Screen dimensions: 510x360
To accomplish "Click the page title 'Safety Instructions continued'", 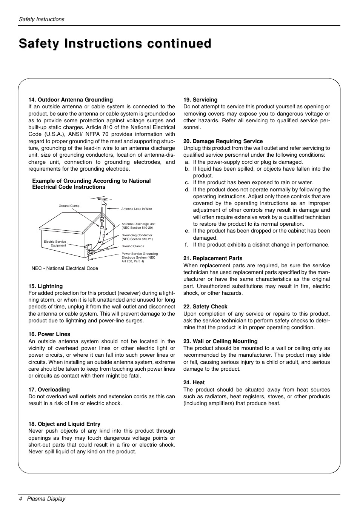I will pyautogui.click(x=115, y=44).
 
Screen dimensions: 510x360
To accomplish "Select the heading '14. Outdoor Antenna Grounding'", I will pyautogui.click(x=71, y=100).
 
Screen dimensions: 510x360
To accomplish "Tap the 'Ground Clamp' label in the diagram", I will pyautogui.click(x=69, y=206).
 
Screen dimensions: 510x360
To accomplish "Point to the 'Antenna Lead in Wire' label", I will pyautogui.click(x=137, y=209).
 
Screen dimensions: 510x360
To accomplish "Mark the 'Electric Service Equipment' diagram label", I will pyautogui.click(x=55, y=243).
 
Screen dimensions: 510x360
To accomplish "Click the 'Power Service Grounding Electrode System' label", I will pyautogui.click(x=140, y=257).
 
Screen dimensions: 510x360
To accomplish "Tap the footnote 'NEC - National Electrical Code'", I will pyautogui.click(x=65, y=268).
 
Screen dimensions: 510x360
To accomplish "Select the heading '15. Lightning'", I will pyautogui.click(x=46, y=286).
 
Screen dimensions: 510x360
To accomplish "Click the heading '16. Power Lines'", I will pyautogui.click(x=49, y=334).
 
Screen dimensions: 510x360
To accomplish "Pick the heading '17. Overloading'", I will pyautogui.click(x=49, y=390).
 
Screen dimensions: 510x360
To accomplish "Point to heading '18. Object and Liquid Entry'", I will pyautogui.click(x=65, y=424).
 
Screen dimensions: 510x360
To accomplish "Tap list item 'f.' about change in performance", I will pyautogui.click(x=260, y=245).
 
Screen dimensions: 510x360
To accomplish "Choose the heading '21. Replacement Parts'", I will pyautogui.click(x=213, y=258).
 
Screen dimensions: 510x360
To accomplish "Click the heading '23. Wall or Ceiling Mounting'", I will pyautogui.click(x=220, y=341).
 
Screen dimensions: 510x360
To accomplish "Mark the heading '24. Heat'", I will pyautogui.click(x=194, y=382).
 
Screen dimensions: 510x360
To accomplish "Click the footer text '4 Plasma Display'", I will pyautogui.click(x=42, y=499).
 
